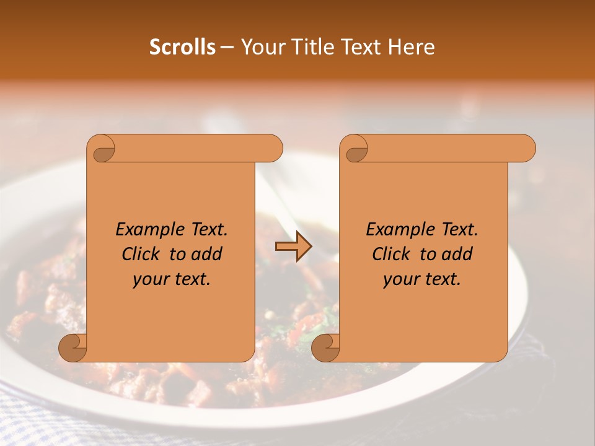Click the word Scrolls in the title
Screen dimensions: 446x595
[182, 47]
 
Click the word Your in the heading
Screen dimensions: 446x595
[260, 47]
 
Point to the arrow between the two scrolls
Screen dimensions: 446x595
[293, 247]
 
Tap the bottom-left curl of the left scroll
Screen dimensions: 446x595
[73, 348]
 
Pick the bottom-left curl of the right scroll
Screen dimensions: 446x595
[326, 348]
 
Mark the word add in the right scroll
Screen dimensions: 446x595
[457, 254]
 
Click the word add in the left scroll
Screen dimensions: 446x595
[207, 254]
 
